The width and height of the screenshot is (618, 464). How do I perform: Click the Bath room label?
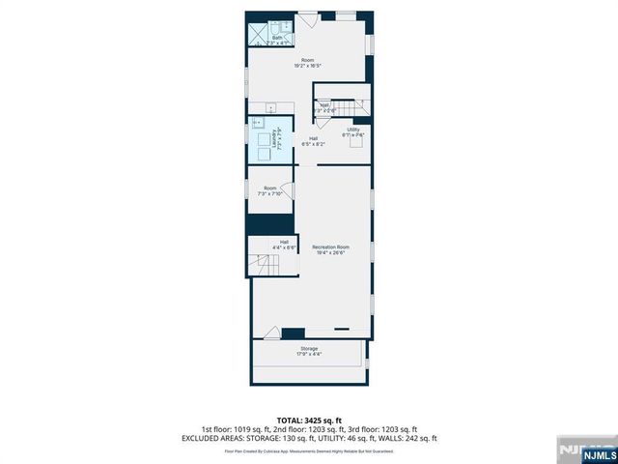point(277,38)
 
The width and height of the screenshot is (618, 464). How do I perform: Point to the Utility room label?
point(352,131)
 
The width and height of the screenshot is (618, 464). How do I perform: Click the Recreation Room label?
point(330,249)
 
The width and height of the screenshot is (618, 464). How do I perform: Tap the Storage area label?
point(308,351)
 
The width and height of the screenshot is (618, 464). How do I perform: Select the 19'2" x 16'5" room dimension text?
point(307,66)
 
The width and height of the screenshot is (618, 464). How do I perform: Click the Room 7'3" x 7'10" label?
point(269,190)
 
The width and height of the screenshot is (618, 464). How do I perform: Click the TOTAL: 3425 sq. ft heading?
point(309,418)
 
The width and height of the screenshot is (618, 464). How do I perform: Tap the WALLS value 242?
point(412,438)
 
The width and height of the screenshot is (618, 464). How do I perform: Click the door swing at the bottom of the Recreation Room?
point(342,330)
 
